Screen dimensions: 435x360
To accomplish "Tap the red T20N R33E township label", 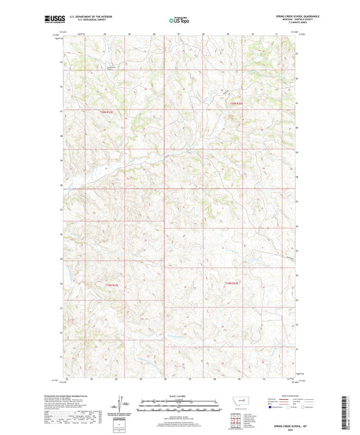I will click(235, 103).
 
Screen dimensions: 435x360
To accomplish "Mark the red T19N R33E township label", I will click(232, 283).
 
